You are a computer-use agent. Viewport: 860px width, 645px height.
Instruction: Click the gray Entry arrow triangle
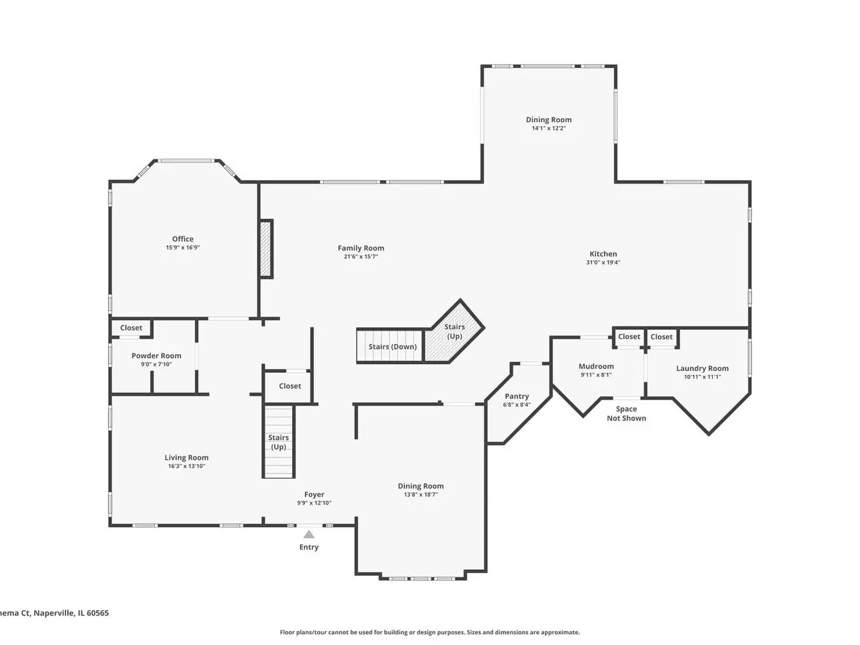point(309,534)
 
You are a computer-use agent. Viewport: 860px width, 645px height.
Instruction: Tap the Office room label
point(183,239)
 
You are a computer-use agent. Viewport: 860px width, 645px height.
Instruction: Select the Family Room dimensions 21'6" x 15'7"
point(361,257)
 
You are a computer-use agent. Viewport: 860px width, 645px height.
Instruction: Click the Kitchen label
point(603,254)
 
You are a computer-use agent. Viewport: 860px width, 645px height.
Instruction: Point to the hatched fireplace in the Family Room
point(266,249)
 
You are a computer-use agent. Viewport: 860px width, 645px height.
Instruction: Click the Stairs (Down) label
point(392,347)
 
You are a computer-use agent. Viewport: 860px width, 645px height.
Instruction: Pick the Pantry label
point(517,396)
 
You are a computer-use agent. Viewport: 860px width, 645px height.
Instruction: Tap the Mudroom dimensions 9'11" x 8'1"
point(596,375)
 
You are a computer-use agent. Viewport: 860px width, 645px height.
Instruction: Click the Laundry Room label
point(702,368)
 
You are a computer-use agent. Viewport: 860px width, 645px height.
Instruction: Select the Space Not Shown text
point(626,414)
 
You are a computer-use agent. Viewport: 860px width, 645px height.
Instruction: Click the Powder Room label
point(157,355)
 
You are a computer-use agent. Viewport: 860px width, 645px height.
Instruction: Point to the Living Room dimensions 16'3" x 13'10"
point(187,466)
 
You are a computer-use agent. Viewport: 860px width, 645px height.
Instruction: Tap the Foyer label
point(314,494)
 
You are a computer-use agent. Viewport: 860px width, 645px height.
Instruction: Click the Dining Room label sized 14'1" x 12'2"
point(548,120)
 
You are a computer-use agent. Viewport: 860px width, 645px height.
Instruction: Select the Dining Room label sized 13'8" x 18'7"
point(421,486)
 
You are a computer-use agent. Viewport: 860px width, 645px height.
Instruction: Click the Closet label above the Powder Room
point(131,328)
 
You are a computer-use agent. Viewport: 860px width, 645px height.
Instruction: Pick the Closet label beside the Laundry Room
point(661,337)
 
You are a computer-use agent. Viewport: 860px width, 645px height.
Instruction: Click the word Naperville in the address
point(54,613)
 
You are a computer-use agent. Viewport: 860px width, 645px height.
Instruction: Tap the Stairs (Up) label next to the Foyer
point(278,442)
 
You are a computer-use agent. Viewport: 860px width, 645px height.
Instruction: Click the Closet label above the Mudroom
point(629,337)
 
